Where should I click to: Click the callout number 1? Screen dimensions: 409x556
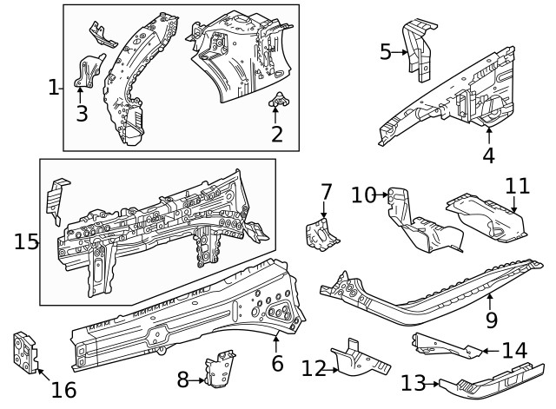click(x=54, y=86)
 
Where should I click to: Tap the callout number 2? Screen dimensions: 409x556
click(x=277, y=135)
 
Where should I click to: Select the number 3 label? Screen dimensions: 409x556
click(x=82, y=114)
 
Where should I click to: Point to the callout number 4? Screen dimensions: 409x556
click(x=488, y=156)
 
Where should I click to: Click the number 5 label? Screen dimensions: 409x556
click(x=386, y=52)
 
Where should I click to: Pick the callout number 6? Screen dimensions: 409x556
click(x=277, y=363)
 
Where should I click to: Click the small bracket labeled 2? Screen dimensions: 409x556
click(x=279, y=102)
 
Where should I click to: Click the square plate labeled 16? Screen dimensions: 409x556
click(x=25, y=351)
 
